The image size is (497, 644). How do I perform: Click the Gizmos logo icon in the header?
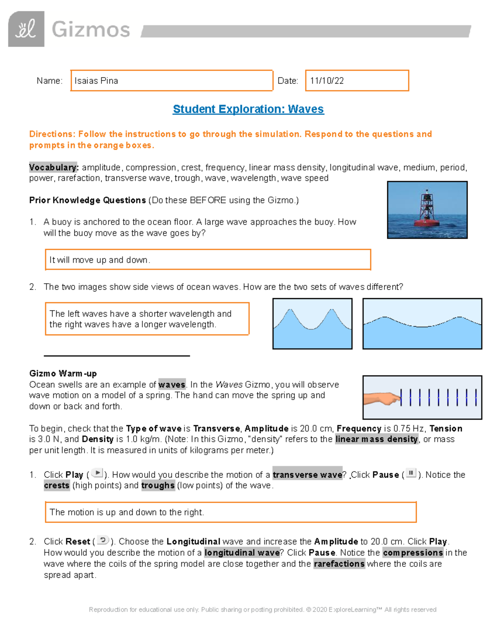click(26, 29)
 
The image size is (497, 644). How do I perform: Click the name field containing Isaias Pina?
click(171, 80)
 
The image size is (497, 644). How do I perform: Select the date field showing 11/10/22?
click(357, 80)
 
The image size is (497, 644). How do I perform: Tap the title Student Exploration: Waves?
click(248, 109)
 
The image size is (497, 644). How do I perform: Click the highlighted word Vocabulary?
click(53, 168)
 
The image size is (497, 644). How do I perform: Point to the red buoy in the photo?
click(427, 211)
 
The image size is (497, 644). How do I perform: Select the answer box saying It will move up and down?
click(207, 260)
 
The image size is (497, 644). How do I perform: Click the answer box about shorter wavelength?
click(147, 319)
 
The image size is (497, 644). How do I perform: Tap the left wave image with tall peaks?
click(312, 323)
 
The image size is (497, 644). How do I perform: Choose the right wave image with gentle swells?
click(422, 323)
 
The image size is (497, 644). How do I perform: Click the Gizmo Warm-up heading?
click(63, 373)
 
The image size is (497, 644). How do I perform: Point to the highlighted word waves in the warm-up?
click(171, 385)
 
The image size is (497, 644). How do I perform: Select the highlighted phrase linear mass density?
click(376, 439)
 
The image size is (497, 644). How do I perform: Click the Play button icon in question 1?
click(97, 473)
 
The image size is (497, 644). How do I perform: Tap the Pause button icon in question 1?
click(411, 473)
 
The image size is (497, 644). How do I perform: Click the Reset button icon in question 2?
click(103, 540)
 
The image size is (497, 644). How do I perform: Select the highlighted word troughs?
click(158, 486)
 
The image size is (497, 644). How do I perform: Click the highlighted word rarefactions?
click(339, 564)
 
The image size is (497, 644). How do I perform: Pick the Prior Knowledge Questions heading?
click(87, 200)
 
